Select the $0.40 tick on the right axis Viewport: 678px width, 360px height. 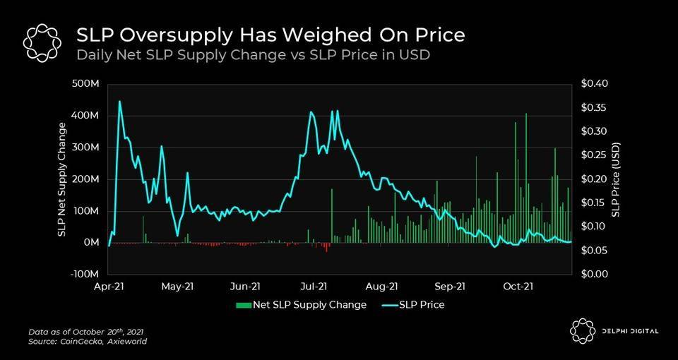[x=593, y=84]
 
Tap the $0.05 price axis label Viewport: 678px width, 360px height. [x=593, y=251]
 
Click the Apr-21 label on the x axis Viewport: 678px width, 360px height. [x=109, y=286]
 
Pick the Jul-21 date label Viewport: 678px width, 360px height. [x=314, y=286]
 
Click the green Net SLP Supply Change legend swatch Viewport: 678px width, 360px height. [x=244, y=305]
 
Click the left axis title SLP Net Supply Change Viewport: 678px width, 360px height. [x=63, y=179]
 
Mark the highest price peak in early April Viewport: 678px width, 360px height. [x=119, y=102]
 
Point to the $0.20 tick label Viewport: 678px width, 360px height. [x=593, y=179]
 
